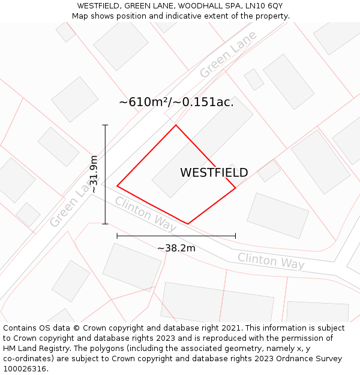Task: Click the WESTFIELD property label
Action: (214, 173)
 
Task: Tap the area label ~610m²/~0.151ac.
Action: (176, 102)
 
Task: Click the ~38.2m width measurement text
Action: (176, 248)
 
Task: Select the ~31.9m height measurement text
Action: (94, 174)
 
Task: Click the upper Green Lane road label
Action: (228, 54)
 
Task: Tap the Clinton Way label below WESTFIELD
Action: (146, 214)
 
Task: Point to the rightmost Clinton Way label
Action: (271, 261)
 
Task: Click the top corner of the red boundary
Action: (176, 125)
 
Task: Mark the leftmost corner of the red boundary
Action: (117, 186)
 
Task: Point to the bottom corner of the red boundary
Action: (188, 224)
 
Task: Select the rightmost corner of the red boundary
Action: (235, 188)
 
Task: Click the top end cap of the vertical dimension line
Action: (105, 125)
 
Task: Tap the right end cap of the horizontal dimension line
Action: (235, 236)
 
